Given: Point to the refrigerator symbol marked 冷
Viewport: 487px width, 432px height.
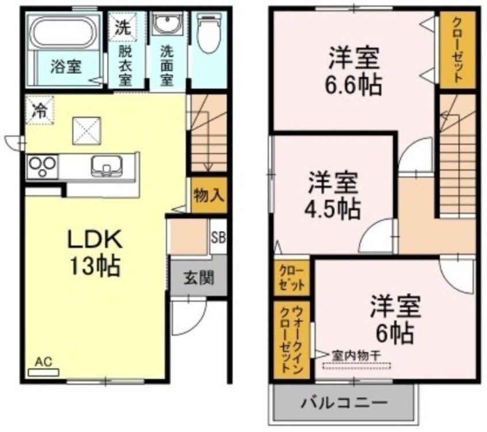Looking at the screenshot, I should pyautogui.click(x=40, y=110).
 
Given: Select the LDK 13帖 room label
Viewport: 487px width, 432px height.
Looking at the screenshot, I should pyautogui.click(x=94, y=251).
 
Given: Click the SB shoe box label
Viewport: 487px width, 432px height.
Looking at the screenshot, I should pyautogui.click(x=218, y=236).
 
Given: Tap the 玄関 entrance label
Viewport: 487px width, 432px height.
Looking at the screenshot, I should pyautogui.click(x=199, y=278).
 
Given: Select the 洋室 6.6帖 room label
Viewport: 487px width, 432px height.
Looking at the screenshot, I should pyautogui.click(x=353, y=72).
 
